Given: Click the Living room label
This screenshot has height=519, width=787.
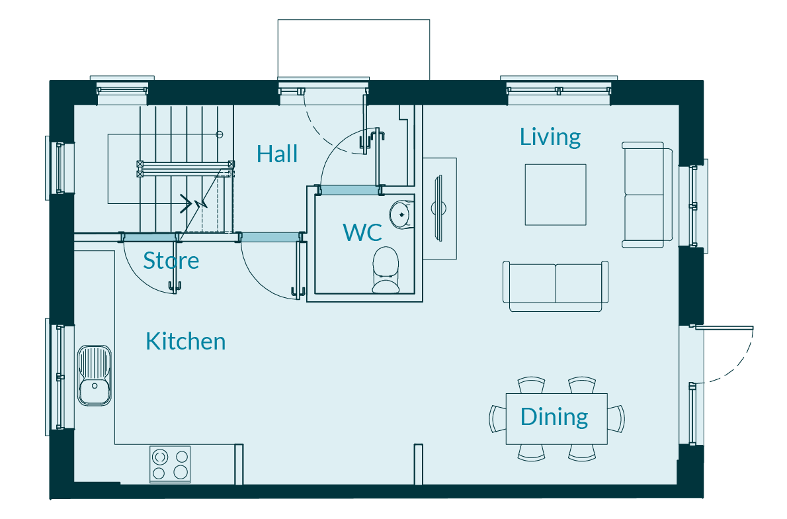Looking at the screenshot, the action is coord(550,137).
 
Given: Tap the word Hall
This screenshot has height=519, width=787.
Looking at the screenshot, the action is coord(277,154).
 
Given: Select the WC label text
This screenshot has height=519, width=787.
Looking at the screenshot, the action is coord(362,232).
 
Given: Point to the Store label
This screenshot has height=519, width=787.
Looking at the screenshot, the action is coord(171,260).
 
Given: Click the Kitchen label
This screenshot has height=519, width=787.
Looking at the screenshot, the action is coord(186,342).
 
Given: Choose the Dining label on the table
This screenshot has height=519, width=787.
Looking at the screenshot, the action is coord(554,417).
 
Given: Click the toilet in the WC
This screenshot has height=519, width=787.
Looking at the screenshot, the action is coord(386,270).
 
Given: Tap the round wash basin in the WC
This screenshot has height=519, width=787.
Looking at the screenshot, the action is coord(401,214).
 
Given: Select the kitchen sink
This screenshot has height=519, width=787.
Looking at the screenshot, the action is coord(95,375).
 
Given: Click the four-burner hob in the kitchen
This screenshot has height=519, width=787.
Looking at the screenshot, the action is coord(170,465).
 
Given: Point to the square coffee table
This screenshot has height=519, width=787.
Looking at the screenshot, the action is coord(556,195).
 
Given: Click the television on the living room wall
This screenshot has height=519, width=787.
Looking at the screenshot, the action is coord(438,208).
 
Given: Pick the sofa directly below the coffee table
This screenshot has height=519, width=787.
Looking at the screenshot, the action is coord(556,286).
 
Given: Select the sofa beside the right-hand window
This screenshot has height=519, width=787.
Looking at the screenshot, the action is coord(647,195).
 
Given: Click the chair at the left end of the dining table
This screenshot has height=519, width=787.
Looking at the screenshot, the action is coord(498,419).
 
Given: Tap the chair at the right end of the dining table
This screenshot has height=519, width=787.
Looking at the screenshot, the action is coord(616,419).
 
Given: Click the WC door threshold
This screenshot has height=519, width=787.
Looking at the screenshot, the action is coord(349,190).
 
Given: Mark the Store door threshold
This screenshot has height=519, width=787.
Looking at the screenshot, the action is coord(149,237).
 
